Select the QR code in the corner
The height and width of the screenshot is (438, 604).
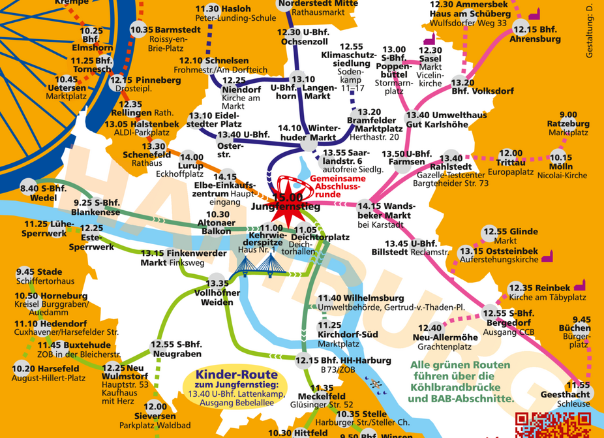point(539,425)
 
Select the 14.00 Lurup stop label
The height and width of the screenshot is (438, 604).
point(192,161)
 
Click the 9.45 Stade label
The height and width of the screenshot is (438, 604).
point(39,272)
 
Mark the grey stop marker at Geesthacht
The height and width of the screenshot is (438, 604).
point(573,385)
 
